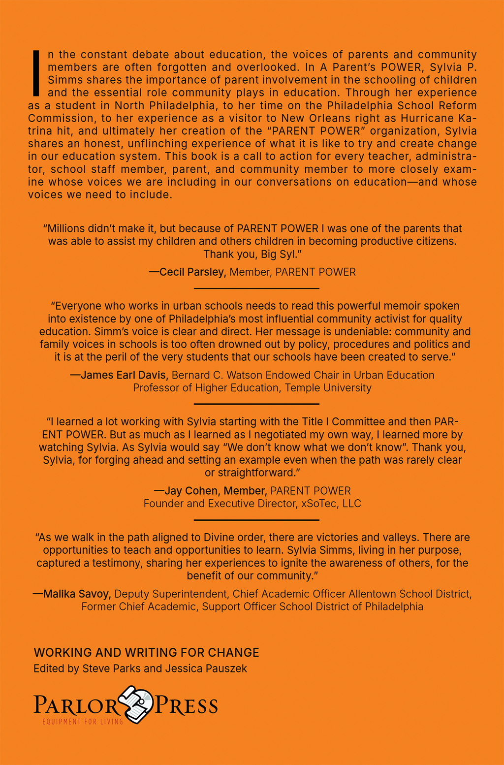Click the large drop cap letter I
tap(35, 73)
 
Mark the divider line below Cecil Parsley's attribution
tap(256, 288)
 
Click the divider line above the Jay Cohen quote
tap(256, 404)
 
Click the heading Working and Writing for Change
tap(146, 653)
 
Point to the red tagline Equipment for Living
tap(82, 722)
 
